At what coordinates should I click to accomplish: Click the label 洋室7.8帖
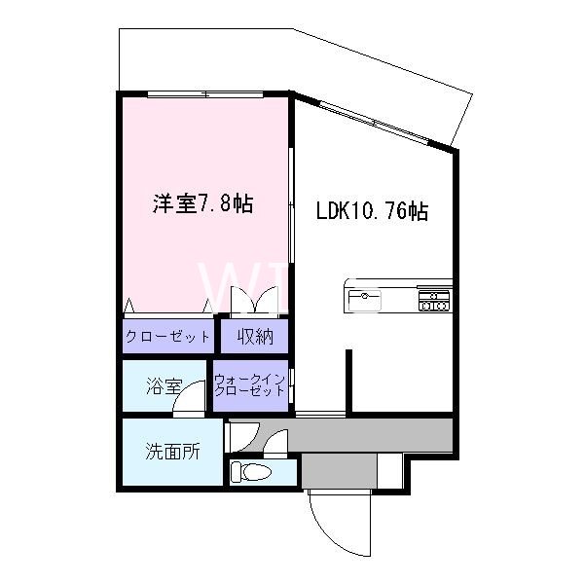tap(202, 204)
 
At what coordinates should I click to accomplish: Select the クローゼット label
tap(168, 338)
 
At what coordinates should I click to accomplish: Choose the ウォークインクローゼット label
tap(249, 384)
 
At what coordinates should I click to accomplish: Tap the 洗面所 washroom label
tap(172, 452)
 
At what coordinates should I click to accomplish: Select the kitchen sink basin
tap(366, 295)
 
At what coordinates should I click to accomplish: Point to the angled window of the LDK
tap(375, 123)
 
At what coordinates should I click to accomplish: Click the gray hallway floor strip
tap(370, 433)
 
